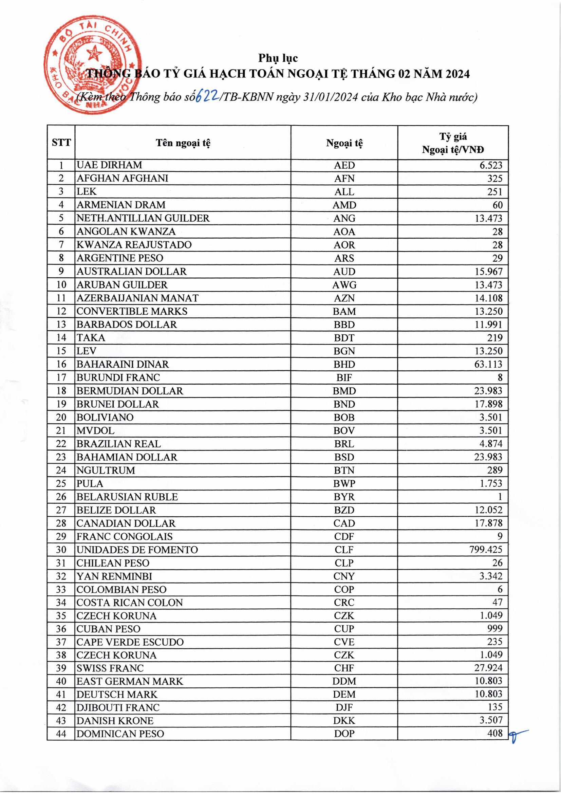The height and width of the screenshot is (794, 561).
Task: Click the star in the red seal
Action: click(94, 54)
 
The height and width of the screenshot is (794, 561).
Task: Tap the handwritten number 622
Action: click(206, 97)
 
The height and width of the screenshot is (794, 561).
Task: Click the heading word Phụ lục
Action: click(278, 58)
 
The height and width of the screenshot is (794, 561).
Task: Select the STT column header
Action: click(61, 143)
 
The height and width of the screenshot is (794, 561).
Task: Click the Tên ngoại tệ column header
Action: click(183, 143)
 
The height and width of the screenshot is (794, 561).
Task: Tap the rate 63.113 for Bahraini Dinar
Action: click(488, 364)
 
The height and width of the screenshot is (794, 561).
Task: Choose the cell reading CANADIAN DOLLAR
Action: click(126, 523)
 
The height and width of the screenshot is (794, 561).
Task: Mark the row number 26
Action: click(61, 497)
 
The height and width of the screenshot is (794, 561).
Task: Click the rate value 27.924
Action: click(488, 668)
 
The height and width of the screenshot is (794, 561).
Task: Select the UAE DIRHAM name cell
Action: click(109, 165)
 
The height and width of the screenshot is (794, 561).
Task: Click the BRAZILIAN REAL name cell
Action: click(118, 444)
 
